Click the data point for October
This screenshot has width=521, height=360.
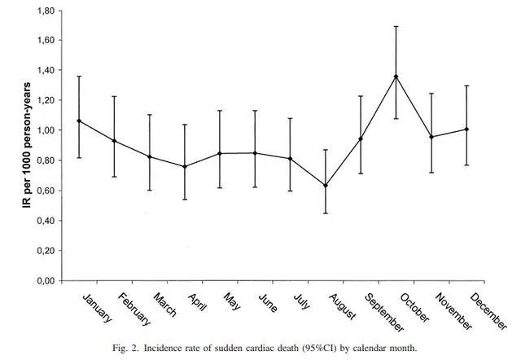coord(396,77)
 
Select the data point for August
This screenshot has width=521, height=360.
coord(326,185)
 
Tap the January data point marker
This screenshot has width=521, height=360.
coord(79,121)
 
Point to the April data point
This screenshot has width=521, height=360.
coord(185,166)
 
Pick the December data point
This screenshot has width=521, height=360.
coord(466,129)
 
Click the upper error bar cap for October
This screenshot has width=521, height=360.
coord(396,26)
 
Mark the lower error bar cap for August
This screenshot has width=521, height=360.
coord(326,213)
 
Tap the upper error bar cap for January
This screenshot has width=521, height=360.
coord(79,77)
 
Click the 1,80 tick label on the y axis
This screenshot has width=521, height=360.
coord(44,11)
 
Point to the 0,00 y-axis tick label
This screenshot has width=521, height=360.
coord(44,281)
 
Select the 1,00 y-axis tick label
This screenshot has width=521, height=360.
coord(44,131)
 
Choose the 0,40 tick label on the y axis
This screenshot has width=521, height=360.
coord(44,221)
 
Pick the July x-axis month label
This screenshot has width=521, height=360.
coord(301,301)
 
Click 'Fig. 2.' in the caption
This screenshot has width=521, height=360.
coord(126,349)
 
